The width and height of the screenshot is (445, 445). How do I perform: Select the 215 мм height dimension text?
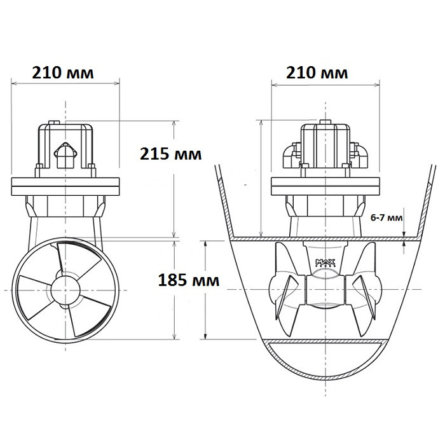click(170, 154)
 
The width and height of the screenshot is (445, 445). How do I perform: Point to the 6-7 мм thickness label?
click(386, 217)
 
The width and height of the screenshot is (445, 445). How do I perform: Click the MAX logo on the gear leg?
click(325, 261)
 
